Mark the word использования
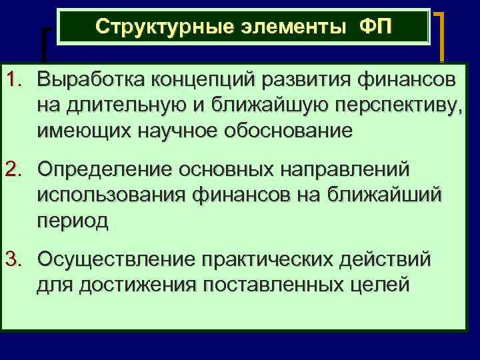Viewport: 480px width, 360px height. (111, 195)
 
